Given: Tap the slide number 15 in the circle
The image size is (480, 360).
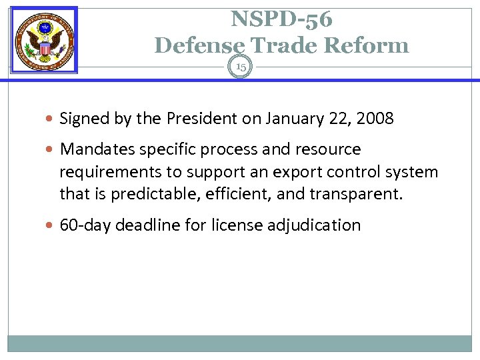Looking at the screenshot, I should tap(240, 67).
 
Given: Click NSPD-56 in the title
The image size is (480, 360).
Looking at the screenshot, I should tap(281, 20).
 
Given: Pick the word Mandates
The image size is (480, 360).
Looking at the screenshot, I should tap(95, 149).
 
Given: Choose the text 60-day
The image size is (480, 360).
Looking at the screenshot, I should tap(85, 225).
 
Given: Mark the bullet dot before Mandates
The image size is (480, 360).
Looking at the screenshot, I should tap(52, 149).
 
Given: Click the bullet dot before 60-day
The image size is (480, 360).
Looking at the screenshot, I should tap(52, 225).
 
